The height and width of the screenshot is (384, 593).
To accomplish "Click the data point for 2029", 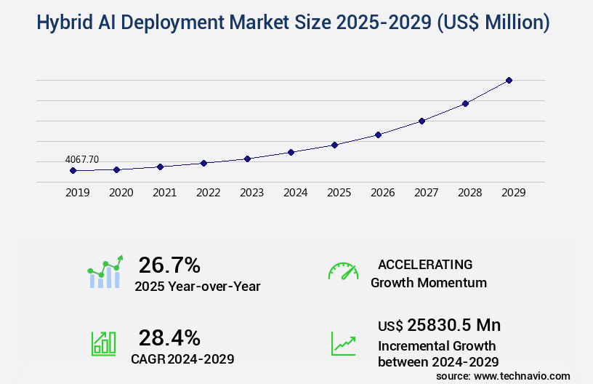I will [x=509, y=80].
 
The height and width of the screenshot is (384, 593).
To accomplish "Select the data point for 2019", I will [x=73, y=170].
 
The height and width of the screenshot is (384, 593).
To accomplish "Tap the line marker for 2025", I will [x=334, y=145].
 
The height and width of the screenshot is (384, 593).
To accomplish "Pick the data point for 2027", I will [x=421, y=121].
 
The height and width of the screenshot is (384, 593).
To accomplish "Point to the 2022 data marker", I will [x=203, y=163].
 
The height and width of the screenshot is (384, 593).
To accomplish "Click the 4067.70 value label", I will [x=81, y=159].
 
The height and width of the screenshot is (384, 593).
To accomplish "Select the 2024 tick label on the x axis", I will [x=295, y=193].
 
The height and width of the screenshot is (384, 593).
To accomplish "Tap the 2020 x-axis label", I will [x=121, y=193].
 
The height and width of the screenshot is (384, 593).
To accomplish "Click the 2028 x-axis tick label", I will [x=469, y=193].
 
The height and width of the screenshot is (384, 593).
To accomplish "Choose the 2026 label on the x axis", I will [x=382, y=193].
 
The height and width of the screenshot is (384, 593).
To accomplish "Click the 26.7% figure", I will [x=169, y=265].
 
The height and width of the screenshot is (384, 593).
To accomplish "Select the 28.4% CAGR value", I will [x=169, y=337].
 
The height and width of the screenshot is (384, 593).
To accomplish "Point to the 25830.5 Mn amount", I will [x=453, y=325].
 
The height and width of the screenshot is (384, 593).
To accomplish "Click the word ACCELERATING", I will [x=425, y=264].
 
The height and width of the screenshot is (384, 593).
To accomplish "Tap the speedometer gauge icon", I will [x=343, y=271].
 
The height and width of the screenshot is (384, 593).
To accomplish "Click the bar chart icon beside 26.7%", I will [x=105, y=272].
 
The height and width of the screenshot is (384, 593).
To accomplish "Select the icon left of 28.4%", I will [x=103, y=343].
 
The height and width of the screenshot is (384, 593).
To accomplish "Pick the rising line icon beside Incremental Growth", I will [x=343, y=343].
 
